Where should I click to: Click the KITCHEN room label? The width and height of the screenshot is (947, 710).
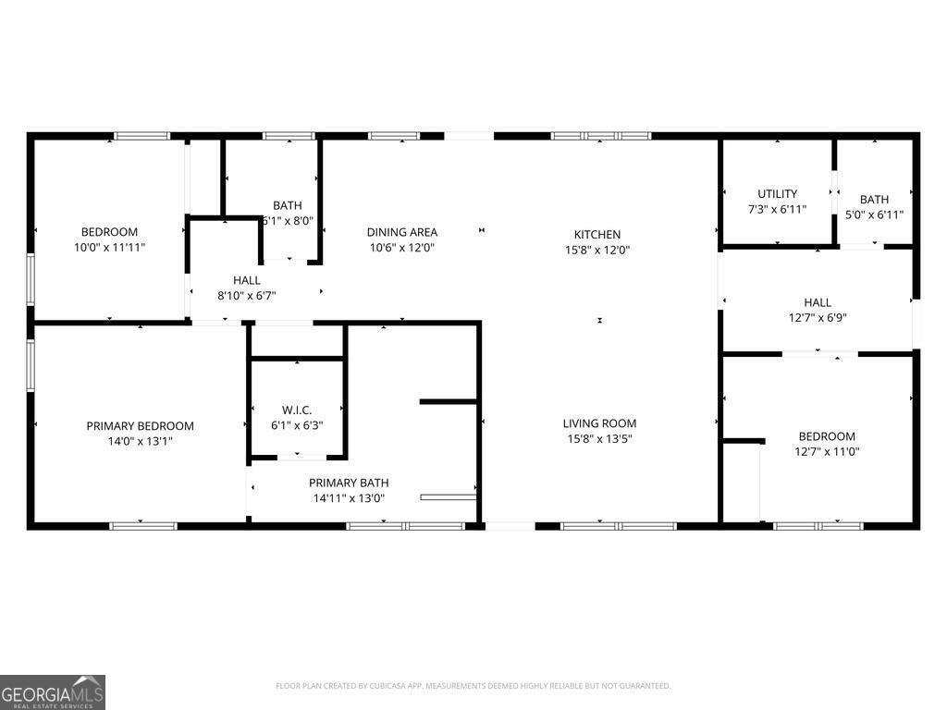596,235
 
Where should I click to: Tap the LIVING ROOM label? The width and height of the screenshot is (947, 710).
599,423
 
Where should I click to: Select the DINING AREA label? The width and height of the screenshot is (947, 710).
401,232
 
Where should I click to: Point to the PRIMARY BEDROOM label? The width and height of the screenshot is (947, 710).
140,426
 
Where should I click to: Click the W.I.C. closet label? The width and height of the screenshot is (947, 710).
297,410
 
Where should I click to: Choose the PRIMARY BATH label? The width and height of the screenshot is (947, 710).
349,483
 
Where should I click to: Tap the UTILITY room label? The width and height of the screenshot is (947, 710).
777,194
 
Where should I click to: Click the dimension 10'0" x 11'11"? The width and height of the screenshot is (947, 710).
109,247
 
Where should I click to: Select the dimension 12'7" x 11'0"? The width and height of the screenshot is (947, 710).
827,451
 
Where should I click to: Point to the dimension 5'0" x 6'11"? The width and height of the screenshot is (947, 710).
874,214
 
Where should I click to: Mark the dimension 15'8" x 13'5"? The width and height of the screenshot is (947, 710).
599,439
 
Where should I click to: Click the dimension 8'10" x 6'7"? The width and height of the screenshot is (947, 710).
246,295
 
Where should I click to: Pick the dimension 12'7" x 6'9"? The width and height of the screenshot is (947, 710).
818,317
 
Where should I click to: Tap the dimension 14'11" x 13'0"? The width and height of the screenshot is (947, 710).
349,498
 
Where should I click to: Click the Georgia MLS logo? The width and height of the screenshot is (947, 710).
53,692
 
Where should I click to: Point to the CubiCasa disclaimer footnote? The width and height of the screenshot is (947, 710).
473,686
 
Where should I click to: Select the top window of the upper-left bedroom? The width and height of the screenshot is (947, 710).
141,136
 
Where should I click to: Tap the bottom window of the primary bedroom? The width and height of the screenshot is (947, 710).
143,526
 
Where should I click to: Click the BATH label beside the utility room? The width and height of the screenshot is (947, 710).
874,199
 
